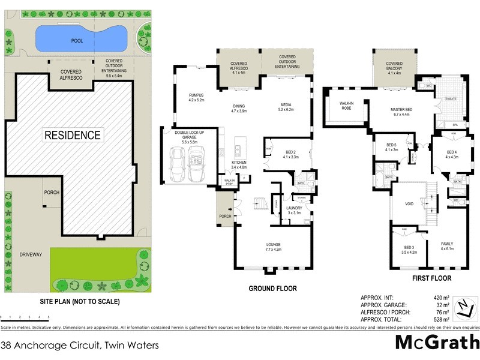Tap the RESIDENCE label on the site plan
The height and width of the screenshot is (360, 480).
[73, 135]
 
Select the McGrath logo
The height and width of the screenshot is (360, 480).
[437, 342]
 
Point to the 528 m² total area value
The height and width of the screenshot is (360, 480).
[440, 320]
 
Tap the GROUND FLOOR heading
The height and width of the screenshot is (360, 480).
[272, 289]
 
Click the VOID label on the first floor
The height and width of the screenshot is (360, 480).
[409, 204]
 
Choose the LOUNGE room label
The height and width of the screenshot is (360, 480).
[274, 246]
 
